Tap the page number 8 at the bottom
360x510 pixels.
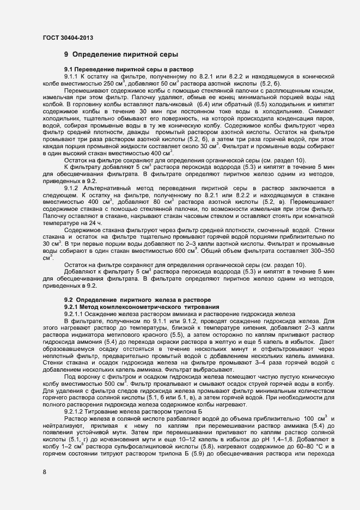pos(44,471)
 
